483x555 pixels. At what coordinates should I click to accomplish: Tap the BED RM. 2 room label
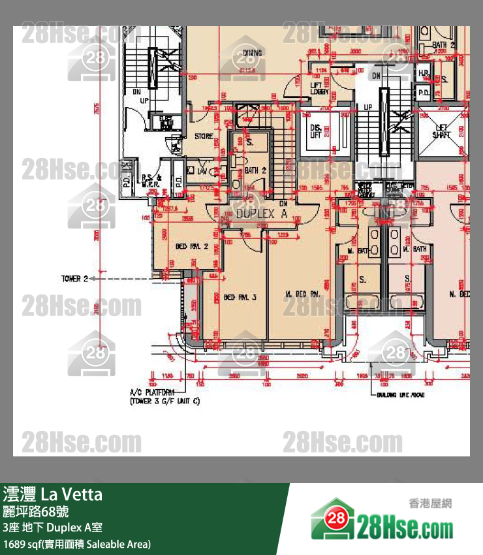click(x=191, y=246)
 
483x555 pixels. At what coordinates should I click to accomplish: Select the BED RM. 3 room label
click(x=240, y=297)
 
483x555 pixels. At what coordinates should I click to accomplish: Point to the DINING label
click(x=253, y=54)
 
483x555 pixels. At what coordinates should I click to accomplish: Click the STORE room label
click(x=204, y=136)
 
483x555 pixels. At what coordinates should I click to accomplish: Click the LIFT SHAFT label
click(x=442, y=131)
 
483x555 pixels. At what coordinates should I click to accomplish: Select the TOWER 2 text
click(x=74, y=279)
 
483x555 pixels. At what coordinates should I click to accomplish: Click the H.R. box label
click(x=424, y=73)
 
